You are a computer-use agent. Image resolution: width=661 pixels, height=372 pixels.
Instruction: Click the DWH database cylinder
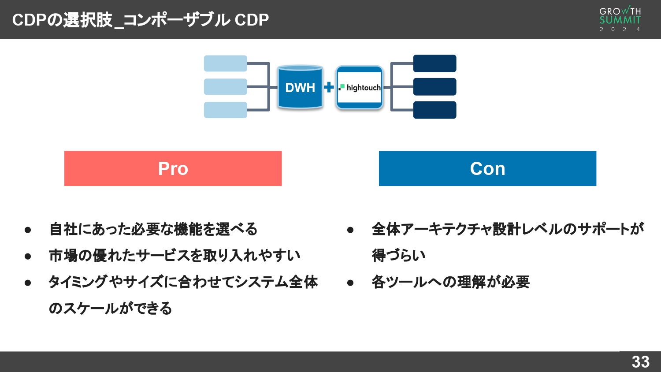[x=300, y=87]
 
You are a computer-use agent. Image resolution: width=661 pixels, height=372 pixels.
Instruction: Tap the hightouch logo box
[x=360, y=87]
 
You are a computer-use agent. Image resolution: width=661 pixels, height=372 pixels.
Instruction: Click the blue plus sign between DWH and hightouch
[x=329, y=87]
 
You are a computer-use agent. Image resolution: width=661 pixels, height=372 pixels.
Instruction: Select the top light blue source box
[x=225, y=63]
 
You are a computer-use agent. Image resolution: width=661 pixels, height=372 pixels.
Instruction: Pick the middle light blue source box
[x=225, y=87]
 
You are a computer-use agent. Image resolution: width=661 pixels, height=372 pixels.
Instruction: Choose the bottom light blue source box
[x=225, y=110]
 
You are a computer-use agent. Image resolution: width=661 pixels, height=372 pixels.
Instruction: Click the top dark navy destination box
[x=434, y=63]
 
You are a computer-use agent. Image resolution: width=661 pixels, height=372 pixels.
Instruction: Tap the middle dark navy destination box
[x=434, y=87]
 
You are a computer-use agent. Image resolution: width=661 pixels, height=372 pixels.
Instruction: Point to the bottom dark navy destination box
[x=434, y=110]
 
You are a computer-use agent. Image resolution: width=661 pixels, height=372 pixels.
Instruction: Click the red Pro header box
[x=173, y=168]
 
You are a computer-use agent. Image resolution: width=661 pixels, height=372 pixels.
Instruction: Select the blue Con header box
[x=487, y=168]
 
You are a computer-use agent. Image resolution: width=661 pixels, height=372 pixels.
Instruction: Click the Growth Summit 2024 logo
[x=620, y=19]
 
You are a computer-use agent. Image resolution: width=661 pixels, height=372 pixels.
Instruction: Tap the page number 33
[x=640, y=362]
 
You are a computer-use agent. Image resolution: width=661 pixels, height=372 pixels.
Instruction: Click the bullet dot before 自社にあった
[x=28, y=230]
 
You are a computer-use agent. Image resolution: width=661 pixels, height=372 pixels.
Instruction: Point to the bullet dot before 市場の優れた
[x=28, y=256]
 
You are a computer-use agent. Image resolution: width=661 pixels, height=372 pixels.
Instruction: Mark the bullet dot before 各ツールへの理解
[x=350, y=283]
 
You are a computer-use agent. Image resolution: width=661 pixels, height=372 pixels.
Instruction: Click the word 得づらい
[x=398, y=256]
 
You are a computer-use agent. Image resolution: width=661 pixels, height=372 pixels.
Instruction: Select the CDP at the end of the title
[x=252, y=20]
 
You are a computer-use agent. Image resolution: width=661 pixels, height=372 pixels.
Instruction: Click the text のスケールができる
[x=110, y=308]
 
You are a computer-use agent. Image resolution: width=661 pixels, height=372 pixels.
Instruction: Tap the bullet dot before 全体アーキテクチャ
[x=350, y=230]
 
